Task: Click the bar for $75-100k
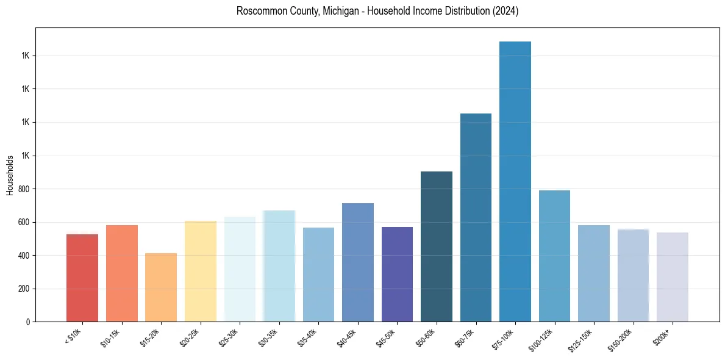point(515,182)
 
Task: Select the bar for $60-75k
point(476,218)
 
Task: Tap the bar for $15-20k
point(161,287)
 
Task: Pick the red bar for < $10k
point(82,278)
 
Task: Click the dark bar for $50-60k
point(437,247)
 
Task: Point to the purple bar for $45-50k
point(397,274)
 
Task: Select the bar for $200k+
point(673,277)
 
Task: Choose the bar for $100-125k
point(554,256)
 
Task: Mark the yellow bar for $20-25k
point(201,271)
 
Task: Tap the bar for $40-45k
point(358,262)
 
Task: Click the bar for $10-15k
point(122,273)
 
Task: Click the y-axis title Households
point(10,175)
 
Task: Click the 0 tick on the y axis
point(28,322)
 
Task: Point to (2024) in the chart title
point(505,12)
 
